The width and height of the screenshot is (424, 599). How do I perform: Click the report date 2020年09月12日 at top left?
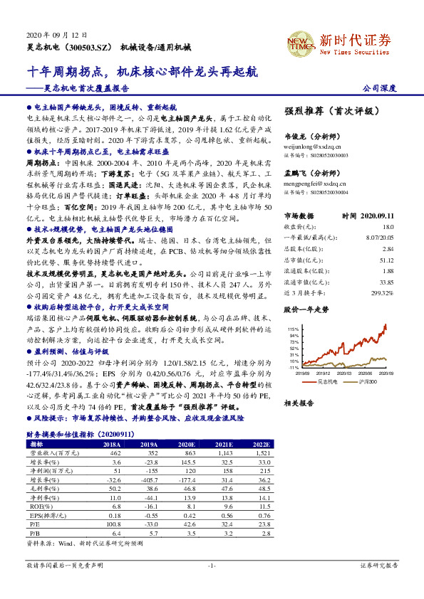(56, 34)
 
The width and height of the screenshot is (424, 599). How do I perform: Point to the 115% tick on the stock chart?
(294, 329)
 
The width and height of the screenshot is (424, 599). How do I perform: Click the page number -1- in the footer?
(212, 566)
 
